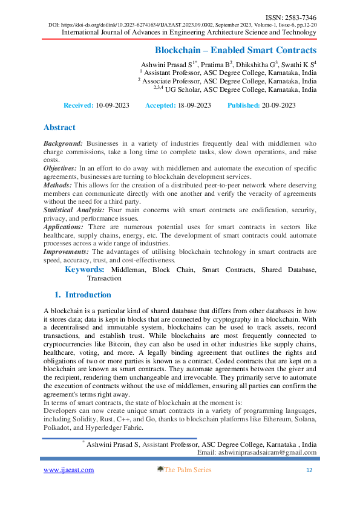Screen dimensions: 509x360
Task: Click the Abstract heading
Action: coord(59,128)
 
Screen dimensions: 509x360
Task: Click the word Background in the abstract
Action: coord(63,143)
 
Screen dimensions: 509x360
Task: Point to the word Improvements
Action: coord(66,251)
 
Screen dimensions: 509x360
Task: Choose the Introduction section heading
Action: coord(88,295)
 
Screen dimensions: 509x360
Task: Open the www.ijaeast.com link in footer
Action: coord(68,470)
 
